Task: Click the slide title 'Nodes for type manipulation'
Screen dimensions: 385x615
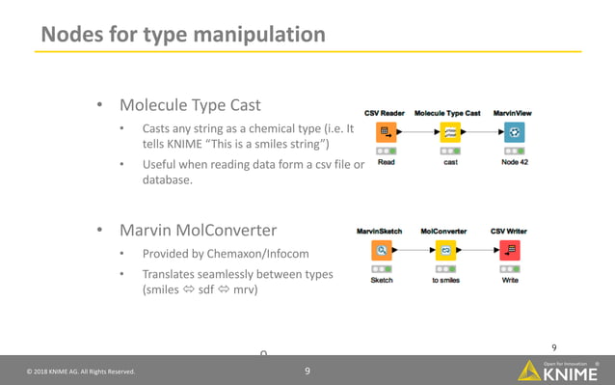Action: [x=182, y=34]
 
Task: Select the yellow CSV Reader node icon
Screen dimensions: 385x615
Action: [x=386, y=131]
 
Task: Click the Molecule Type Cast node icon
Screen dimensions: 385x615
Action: [x=449, y=131]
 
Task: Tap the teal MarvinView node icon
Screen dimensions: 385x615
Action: [x=515, y=131]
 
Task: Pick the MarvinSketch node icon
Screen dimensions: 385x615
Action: [x=382, y=250]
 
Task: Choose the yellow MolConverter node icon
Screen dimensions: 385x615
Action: [x=445, y=250]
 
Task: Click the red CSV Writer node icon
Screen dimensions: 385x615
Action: [x=510, y=250]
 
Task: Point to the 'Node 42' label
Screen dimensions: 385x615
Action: [x=515, y=163]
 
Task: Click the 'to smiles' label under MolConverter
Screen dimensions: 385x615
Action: [x=445, y=281]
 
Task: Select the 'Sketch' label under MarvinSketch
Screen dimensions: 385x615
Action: [x=382, y=281]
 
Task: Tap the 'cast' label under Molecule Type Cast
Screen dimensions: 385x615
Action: [x=449, y=163]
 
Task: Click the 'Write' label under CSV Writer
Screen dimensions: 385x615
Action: [x=510, y=281]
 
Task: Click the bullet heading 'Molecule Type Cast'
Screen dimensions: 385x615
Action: [x=190, y=104]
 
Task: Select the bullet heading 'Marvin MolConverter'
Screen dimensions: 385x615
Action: [x=198, y=231]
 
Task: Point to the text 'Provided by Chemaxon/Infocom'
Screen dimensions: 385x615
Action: [x=227, y=254]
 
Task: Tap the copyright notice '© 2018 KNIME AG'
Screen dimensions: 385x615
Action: [x=81, y=371]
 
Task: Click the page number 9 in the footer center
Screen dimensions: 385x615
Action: [x=307, y=371]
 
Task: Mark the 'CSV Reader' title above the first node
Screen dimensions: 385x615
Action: [x=384, y=113]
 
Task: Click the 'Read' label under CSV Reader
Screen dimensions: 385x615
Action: [x=386, y=163]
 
